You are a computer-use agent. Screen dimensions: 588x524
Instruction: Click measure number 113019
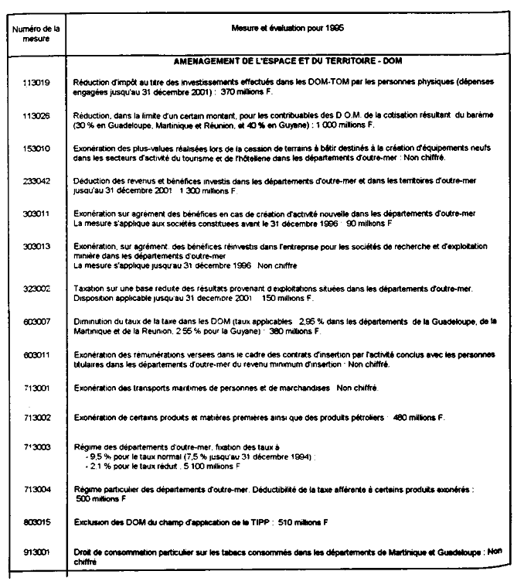click(36, 80)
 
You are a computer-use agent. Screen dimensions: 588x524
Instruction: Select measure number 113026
click(36, 114)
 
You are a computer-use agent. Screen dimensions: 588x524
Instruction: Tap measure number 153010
click(36, 147)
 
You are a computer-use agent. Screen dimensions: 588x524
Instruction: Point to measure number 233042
click(36, 180)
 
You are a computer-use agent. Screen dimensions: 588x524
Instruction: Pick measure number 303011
click(36, 213)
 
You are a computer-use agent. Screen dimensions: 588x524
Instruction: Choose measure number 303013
click(36, 246)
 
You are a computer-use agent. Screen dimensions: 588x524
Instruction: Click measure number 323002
click(36, 288)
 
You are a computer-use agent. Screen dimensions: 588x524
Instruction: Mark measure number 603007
click(36, 321)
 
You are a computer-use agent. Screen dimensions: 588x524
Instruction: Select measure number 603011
click(36, 354)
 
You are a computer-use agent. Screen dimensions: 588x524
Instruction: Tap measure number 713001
click(36, 387)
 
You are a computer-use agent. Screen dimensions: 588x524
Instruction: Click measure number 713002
click(36, 419)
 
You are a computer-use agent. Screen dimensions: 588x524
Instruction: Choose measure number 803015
click(36, 522)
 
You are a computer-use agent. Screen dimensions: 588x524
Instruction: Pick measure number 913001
click(36, 554)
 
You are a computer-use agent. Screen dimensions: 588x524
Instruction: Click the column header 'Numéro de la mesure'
click(36, 32)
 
